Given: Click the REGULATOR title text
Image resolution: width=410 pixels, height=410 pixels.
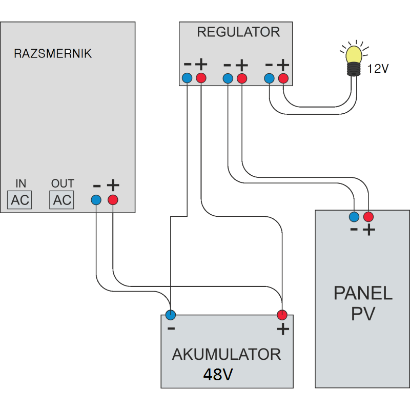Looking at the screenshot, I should [x=238, y=32].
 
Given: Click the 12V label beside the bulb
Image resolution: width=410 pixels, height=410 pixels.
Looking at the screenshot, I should [x=378, y=69].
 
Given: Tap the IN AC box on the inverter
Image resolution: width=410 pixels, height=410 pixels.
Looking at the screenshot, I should [x=20, y=200].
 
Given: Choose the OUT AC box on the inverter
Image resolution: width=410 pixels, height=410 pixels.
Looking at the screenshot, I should [x=62, y=200].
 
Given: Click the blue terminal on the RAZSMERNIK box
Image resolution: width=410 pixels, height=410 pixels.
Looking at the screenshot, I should [x=96, y=200].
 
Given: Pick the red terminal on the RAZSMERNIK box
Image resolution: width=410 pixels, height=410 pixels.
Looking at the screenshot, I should [x=113, y=200].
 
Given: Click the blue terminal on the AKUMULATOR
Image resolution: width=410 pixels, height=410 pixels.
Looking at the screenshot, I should [x=171, y=314].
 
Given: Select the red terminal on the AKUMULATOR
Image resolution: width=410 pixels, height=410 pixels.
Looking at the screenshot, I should [x=281, y=314].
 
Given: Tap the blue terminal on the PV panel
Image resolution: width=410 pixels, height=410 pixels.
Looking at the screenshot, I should [x=354, y=216].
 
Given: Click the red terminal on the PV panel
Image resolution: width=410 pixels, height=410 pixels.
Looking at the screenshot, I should [x=368, y=216].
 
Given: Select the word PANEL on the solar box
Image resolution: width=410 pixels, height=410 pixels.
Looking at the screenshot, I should [x=362, y=294].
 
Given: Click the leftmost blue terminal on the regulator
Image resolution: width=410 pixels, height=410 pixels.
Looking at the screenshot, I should [x=187, y=78].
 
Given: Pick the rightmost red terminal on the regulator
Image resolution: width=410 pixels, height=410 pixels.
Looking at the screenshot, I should [x=283, y=78].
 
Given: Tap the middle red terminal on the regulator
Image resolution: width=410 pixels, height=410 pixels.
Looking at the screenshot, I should [x=242, y=78].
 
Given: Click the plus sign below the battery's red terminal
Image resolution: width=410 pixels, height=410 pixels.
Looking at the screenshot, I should [x=282, y=329].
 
